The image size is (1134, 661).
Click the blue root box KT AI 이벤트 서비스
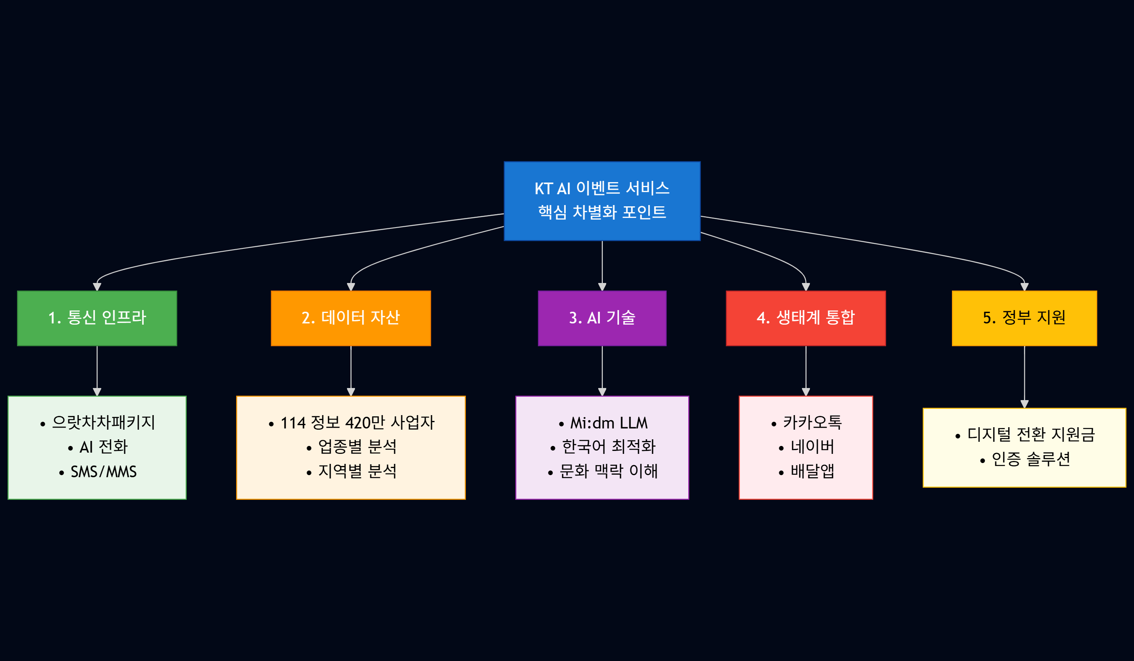point(602,201)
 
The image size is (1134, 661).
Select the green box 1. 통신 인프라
point(97,318)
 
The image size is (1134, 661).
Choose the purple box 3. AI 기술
point(602,318)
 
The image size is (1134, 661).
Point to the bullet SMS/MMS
point(103,471)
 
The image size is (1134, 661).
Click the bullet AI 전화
point(103,447)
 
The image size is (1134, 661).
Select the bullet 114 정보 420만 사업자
point(357,422)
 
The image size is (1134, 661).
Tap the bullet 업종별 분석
point(357,447)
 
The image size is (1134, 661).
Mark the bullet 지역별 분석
point(357,471)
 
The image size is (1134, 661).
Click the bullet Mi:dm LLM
point(608,423)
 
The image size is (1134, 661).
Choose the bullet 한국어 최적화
point(608,447)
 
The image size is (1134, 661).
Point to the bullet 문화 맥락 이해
point(608,471)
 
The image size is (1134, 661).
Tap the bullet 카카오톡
point(812,422)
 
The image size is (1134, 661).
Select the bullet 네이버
point(812,447)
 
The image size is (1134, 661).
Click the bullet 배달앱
point(812,471)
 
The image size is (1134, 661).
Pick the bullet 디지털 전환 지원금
point(1031,435)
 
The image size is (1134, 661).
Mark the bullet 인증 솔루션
point(1031,459)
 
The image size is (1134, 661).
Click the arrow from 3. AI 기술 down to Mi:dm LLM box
point(602,371)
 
